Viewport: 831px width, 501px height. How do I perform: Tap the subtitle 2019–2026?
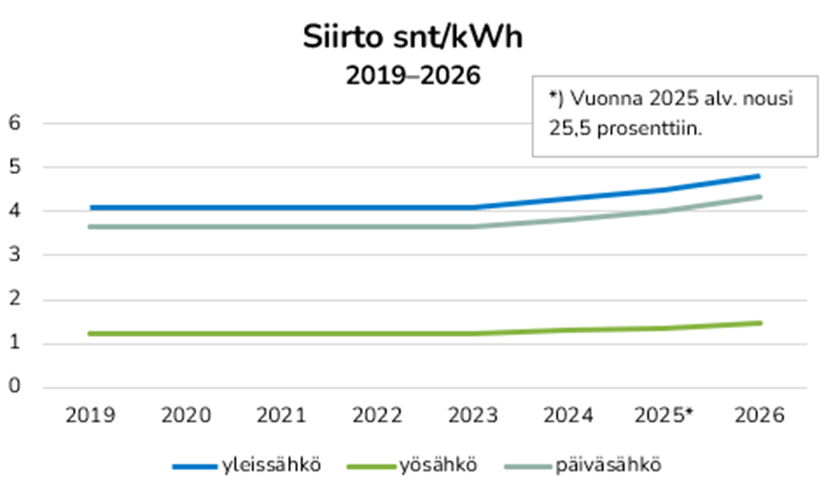(413, 74)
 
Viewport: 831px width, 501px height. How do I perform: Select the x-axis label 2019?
(90, 416)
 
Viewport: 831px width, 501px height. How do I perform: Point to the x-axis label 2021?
(281, 416)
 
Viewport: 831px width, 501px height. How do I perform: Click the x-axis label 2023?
(473, 416)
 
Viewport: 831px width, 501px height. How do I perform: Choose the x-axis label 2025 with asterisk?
(666, 416)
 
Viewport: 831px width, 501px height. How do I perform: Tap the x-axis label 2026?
(759, 416)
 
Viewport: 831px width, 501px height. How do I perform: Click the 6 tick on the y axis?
(16, 123)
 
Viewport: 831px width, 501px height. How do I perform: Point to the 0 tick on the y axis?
(16, 386)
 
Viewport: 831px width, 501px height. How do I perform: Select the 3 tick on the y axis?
(16, 255)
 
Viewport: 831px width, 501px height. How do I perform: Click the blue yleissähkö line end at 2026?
(758, 176)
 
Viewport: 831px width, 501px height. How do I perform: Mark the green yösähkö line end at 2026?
(758, 322)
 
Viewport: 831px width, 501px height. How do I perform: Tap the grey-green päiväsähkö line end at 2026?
(758, 197)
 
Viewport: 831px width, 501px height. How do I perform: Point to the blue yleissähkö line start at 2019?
(91, 208)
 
